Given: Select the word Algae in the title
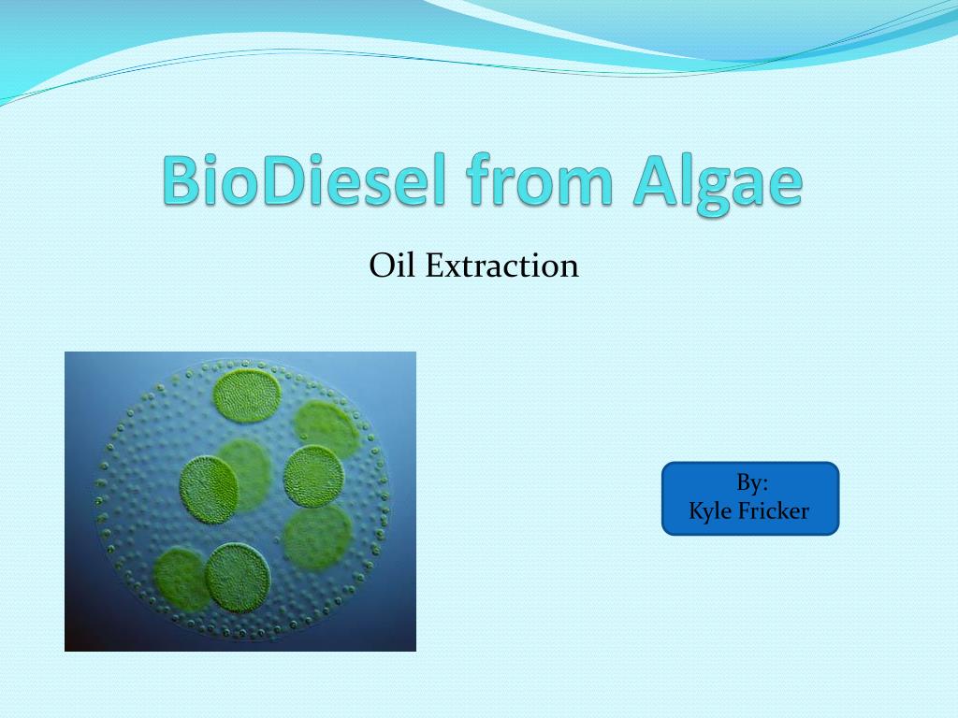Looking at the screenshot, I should pyautogui.click(x=717, y=182).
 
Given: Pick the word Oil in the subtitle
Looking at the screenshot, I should pyautogui.click(x=392, y=266).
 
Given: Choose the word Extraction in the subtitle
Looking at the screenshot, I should pyautogui.click(x=501, y=266).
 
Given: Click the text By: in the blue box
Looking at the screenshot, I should pyautogui.click(x=751, y=483).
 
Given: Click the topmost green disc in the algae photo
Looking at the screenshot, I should pyautogui.click(x=247, y=396).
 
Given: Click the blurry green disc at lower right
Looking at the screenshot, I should pyautogui.click(x=318, y=538).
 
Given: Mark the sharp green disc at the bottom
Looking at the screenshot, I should pyautogui.click(x=239, y=577).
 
